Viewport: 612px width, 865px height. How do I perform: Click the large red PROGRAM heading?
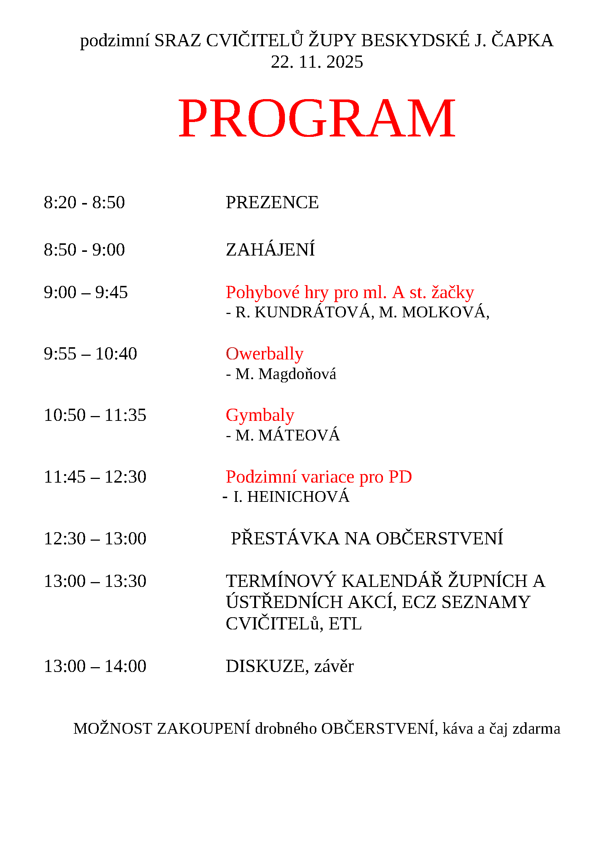coord(317,118)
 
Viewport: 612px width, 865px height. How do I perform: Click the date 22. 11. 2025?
coord(317,62)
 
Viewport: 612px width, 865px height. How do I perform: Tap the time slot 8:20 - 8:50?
coord(84,203)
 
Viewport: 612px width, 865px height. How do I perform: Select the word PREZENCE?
coord(272,203)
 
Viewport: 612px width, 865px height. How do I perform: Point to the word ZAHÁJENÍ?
coord(270,250)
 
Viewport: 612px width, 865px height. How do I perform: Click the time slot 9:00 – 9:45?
coord(85,293)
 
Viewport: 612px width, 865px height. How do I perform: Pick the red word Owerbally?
coord(265,354)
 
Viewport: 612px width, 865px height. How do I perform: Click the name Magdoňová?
coord(297,374)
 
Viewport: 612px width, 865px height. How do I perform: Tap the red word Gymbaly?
coord(260,415)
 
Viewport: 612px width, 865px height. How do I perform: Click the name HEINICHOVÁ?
coord(298,497)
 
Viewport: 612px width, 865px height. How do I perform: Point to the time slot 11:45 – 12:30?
coord(95,477)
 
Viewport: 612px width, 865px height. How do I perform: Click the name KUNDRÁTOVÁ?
coord(312,313)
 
